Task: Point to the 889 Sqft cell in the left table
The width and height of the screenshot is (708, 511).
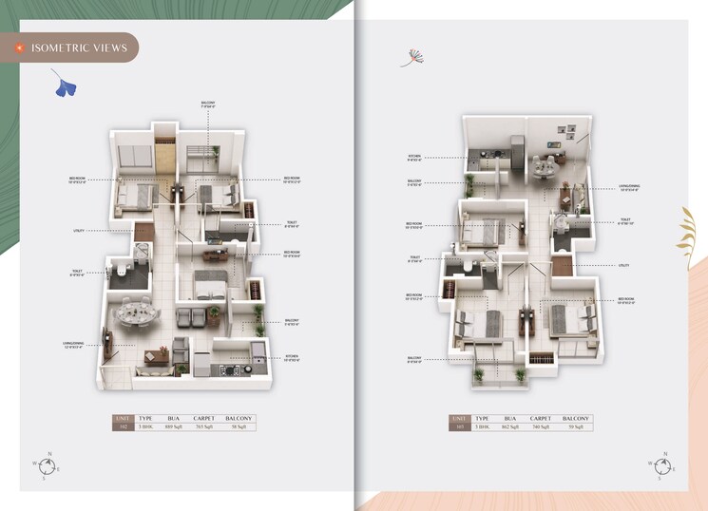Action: tap(175, 427)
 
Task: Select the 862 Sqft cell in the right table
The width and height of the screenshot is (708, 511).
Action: tap(509, 427)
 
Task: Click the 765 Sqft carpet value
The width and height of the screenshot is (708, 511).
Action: tap(203, 427)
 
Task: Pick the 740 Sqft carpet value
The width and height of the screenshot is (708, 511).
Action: tap(540, 427)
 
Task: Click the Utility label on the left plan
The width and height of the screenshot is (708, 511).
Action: tap(79, 230)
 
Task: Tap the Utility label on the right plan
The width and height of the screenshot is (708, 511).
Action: tap(623, 265)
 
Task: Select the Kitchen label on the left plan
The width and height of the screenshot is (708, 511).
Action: tap(292, 358)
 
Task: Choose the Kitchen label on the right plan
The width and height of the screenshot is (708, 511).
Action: tap(415, 158)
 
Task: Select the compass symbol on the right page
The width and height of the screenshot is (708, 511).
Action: tap(662, 465)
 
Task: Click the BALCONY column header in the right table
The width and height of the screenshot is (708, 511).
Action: tap(576, 418)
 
